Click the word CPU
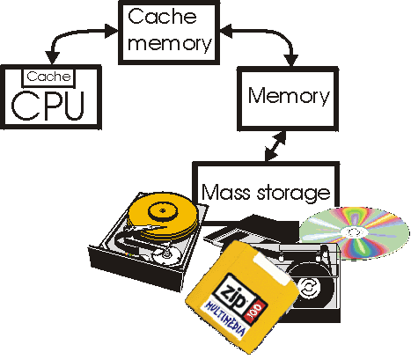tap(48, 106)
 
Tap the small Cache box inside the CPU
tap(48, 77)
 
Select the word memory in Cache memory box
tap(169, 43)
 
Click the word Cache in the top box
tap(162, 17)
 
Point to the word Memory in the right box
tap(289, 96)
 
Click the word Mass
tap(226, 192)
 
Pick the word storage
tap(294, 194)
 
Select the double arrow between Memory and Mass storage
tap(275, 146)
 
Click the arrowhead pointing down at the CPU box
tap(52, 58)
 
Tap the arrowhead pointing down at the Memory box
tap(291, 60)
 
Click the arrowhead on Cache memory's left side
tap(112, 31)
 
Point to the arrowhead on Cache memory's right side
tap(226, 31)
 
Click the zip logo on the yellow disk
tap(234, 292)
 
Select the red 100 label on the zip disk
tap(255, 311)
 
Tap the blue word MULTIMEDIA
tap(225, 320)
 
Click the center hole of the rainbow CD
tap(355, 232)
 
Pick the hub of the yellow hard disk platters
tap(163, 210)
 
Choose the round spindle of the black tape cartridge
tap(308, 288)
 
